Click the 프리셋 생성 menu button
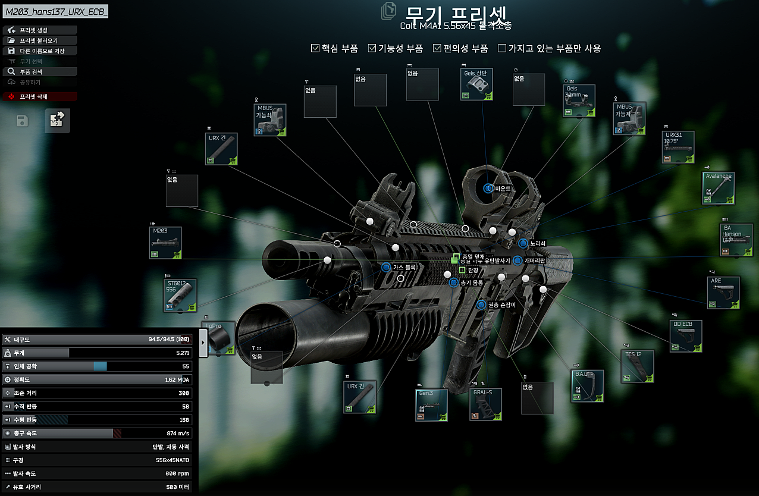pyautogui.click(x=39, y=30)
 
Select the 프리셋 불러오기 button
pyautogui.click(x=39, y=40)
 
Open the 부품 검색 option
pyautogui.click(x=39, y=71)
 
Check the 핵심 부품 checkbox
pyautogui.click(x=316, y=48)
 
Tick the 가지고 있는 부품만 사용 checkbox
pyautogui.click(x=502, y=48)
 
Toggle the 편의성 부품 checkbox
pyautogui.click(x=437, y=48)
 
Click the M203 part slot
pyautogui.click(x=165, y=243)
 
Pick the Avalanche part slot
pyautogui.click(x=718, y=188)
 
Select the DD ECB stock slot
pyautogui.click(x=686, y=336)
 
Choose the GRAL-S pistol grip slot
pyautogui.click(x=485, y=404)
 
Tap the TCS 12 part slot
pyautogui.click(x=638, y=366)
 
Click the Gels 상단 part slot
pyautogui.click(x=476, y=84)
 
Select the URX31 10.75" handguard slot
pyautogui.click(x=678, y=147)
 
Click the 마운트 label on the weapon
pyautogui.click(x=503, y=189)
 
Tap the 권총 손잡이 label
pyautogui.click(x=501, y=305)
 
